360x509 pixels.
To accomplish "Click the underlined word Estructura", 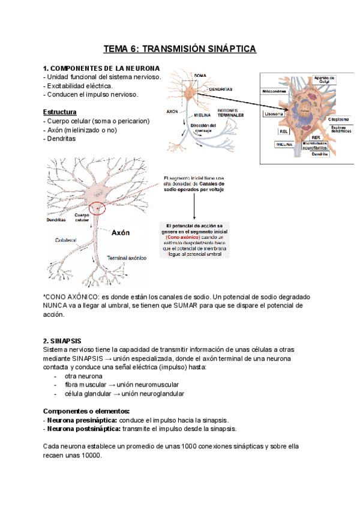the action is click(x=59, y=112).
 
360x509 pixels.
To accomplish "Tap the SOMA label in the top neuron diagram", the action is click(x=201, y=75).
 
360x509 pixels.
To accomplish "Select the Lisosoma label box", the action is click(x=274, y=113).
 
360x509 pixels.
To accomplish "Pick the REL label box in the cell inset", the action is click(x=283, y=131).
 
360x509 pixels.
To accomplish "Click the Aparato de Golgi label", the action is click(x=325, y=79).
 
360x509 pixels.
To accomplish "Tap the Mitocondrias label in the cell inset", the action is click(x=277, y=92).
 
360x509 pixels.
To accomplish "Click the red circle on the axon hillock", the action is click(x=96, y=209).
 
